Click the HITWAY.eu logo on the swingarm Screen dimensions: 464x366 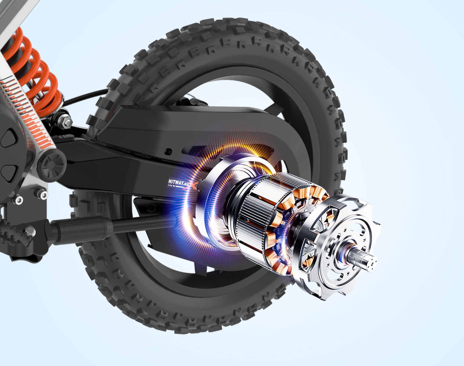pyautogui.click(x=179, y=183)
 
